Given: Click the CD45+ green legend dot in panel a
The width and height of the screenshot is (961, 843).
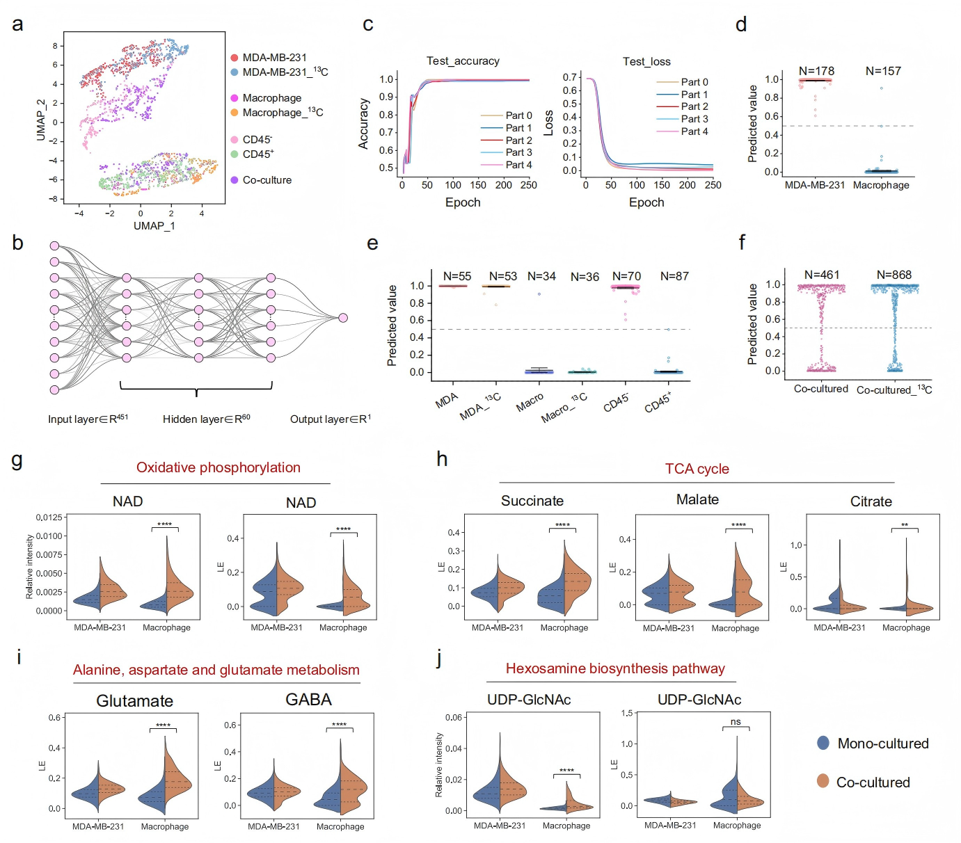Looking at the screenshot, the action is [x=234, y=154].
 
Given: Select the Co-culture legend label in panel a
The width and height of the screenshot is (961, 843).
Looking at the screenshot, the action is [x=267, y=180].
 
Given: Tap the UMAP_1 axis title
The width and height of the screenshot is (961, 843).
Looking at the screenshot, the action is [x=154, y=226].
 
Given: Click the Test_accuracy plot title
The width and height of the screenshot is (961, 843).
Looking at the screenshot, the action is [x=463, y=61].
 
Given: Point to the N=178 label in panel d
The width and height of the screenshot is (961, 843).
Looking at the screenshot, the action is [x=816, y=71].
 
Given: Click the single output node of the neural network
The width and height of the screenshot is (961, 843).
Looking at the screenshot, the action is [x=343, y=318].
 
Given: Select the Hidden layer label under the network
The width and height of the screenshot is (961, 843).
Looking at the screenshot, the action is [x=207, y=419].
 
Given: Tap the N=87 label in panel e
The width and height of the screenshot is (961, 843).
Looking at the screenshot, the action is [x=674, y=276].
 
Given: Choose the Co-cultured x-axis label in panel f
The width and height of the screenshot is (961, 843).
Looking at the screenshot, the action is [x=821, y=389].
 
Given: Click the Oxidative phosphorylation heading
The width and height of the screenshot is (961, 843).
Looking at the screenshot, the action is [x=219, y=467].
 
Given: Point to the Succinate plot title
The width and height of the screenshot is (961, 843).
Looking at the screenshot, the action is [x=532, y=501].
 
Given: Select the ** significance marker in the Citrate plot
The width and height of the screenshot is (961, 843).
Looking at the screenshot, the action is [x=905, y=525].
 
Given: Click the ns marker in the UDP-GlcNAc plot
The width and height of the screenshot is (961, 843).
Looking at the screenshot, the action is [x=736, y=721].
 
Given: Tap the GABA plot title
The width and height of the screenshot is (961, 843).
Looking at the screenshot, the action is [x=308, y=700].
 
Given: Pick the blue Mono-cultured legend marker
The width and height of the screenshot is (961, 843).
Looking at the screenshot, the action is [x=823, y=743].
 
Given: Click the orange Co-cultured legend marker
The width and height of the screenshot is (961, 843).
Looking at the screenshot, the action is [x=823, y=781].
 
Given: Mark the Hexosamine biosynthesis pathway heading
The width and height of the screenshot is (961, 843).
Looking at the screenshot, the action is [x=615, y=668].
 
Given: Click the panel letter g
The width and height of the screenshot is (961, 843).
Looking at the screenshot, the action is [x=17, y=460].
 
